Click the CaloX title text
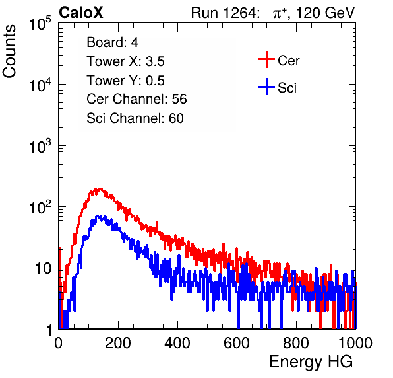coord(81,13)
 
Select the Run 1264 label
coord(224,13)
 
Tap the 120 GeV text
coord(325,13)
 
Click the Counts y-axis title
coord(9,52)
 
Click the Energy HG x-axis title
coord(311,362)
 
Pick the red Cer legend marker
coord(266,59)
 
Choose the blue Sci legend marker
coord(266,87)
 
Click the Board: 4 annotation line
coord(112,42)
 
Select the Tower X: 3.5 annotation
coord(125,61)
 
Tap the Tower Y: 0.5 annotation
coord(125,81)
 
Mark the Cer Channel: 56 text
coord(136,99)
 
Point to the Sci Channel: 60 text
coord(135,118)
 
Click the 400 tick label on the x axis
coord(177,343)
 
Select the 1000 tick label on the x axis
coord(355,343)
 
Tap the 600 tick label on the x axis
coord(237,343)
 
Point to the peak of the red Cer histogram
coord(100,188)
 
